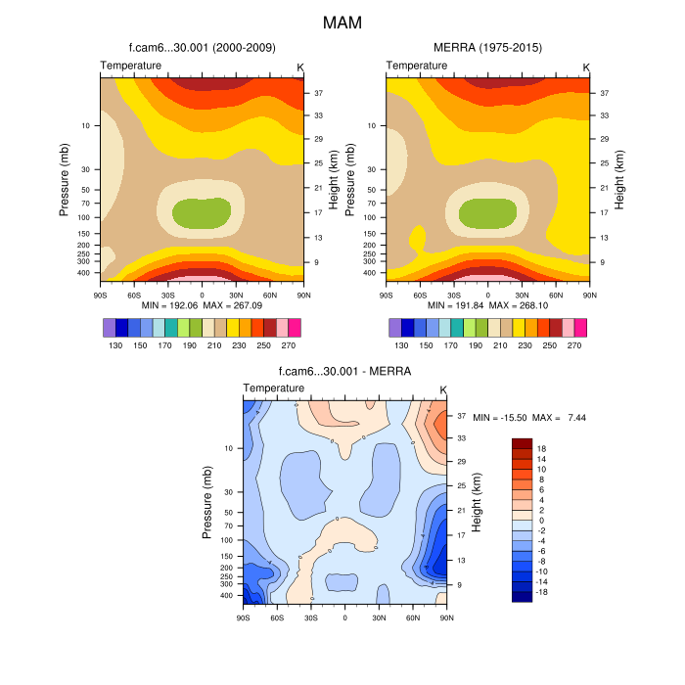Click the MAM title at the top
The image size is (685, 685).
pyautogui.click(x=342, y=21)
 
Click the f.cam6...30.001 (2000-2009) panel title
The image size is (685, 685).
pyautogui.click(x=202, y=47)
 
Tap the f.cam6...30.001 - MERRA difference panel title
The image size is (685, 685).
pyautogui.click(x=344, y=372)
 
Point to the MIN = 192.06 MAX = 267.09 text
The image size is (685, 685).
pyautogui.click(x=202, y=305)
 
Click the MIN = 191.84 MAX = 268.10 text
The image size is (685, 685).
pyautogui.click(x=487, y=305)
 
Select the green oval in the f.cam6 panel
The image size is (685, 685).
pyautogui.click(x=202, y=211)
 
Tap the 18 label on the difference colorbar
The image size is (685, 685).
pyautogui.click(x=541, y=448)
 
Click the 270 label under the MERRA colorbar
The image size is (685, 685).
pyautogui.click(x=574, y=345)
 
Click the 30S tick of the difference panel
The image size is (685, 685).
pyautogui.click(x=311, y=618)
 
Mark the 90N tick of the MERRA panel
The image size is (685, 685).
pyautogui.click(x=590, y=294)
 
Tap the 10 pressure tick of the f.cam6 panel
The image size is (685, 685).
pyautogui.click(x=86, y=125)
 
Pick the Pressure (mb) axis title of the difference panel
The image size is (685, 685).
pyautogui.click(x=207, y=502)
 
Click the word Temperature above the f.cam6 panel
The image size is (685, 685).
pyautogui.click(x=131, y=66)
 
